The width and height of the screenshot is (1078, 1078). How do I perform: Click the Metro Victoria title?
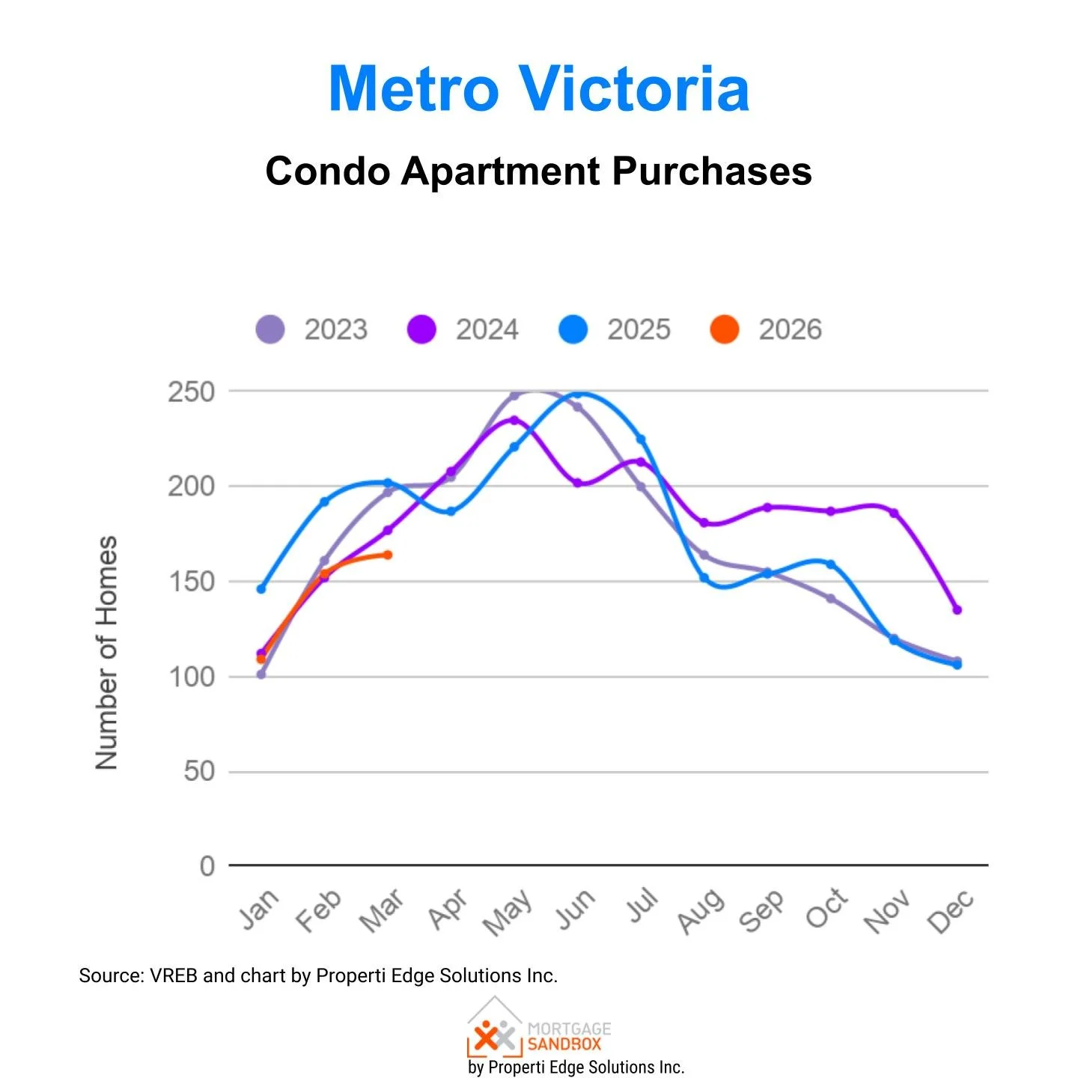(539, 89)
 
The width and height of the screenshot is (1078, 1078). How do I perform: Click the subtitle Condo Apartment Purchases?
(539, 171)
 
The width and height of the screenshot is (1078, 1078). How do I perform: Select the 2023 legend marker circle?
(270, 329)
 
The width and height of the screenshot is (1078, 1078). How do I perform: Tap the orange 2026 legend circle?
(724, 329)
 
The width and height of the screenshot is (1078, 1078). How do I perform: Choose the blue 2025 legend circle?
(573, 329)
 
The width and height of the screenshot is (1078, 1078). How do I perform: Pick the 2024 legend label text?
(487, 329)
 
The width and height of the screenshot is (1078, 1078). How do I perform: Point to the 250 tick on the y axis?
(191, 392)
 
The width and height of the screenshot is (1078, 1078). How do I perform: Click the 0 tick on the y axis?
(207, 866)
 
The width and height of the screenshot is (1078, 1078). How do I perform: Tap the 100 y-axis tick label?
(191, 677)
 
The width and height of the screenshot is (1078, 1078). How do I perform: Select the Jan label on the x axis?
(259, 909)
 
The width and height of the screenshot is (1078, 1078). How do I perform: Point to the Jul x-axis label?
(643, 906)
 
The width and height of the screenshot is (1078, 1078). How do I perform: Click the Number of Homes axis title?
(107, 652)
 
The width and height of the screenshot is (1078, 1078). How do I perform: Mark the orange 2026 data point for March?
(388, 555)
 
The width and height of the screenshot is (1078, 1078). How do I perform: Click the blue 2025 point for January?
(261, 589)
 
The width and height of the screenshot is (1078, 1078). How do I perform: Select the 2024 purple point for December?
(957, 610)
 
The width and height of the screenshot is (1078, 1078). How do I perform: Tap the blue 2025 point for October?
(830, 564)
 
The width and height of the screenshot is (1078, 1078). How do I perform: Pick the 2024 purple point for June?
(577, 484)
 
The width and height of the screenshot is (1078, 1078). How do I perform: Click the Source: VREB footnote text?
(318, 975)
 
